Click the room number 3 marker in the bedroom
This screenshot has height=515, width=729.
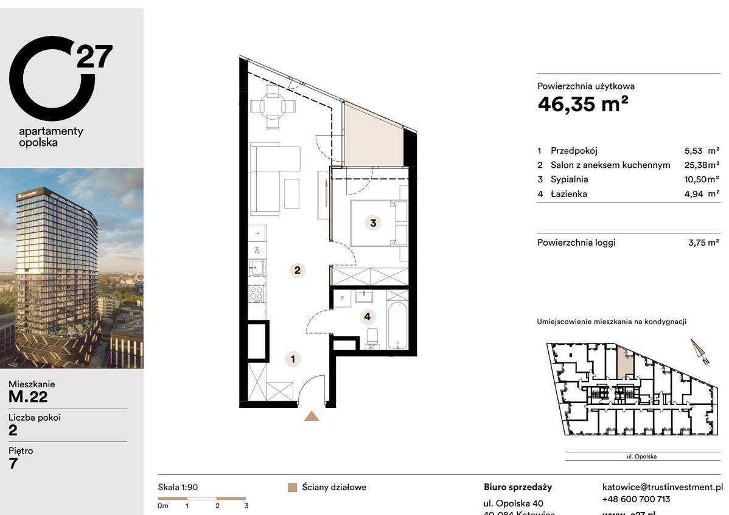click(x=373, y=223)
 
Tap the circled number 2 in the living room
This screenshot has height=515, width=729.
click(x=297, y=271)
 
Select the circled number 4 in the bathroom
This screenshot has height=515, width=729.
click(x=366, y=316)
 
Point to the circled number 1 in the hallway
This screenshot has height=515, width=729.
click(x=293, y=359)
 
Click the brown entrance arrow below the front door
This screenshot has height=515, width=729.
click(x=312, y=416)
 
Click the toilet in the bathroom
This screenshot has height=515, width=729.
click(x=372, y=337)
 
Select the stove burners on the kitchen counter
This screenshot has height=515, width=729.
click(x=257, y=295)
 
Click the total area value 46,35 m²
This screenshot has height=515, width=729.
click(x=582, y=105)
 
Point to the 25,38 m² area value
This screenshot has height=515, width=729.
click(x=702, y=165)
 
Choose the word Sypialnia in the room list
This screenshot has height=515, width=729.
click(x=569, y=179)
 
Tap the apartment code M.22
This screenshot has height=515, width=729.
click(x=28, y=398)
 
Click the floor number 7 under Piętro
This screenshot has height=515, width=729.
click(x=13, y=464)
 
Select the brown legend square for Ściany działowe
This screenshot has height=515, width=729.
click(x=292, y=488)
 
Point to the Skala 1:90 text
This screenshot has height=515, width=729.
click(x=178, y=488)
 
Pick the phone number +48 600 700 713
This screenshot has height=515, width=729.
click(x=636, y=499)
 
